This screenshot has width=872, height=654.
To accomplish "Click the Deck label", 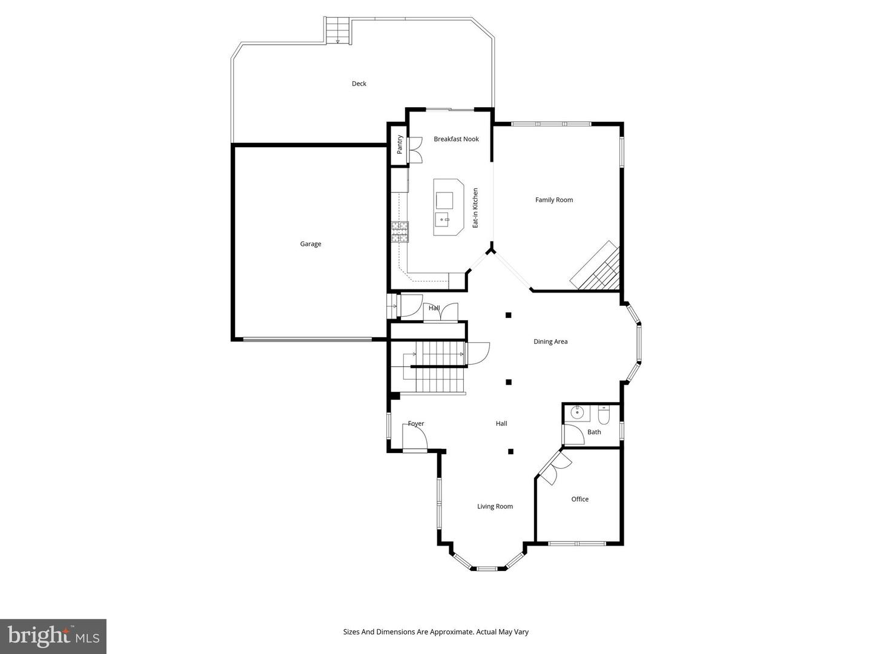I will [359, 84].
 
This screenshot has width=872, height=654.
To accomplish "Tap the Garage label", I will [311, 244].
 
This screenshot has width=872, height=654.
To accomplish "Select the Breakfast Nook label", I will [456, 139].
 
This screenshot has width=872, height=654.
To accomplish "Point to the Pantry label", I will [400, 144].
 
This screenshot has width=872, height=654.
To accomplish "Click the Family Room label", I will [553, 200].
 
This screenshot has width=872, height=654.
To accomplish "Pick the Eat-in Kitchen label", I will [475, 208].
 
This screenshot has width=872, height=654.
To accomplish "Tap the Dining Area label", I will [550, 342].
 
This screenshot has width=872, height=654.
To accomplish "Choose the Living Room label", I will [495, 506].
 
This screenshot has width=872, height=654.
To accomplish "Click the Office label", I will [580, 499].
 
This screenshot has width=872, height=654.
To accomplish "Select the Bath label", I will [594, 432].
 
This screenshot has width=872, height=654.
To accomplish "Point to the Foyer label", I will [416, 424].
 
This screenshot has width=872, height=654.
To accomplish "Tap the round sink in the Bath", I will [576, 414].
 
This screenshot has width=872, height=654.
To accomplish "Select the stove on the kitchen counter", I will [400, 232].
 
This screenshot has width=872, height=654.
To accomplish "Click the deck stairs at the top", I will [338, 30].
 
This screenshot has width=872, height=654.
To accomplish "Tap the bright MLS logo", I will [53, 636].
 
